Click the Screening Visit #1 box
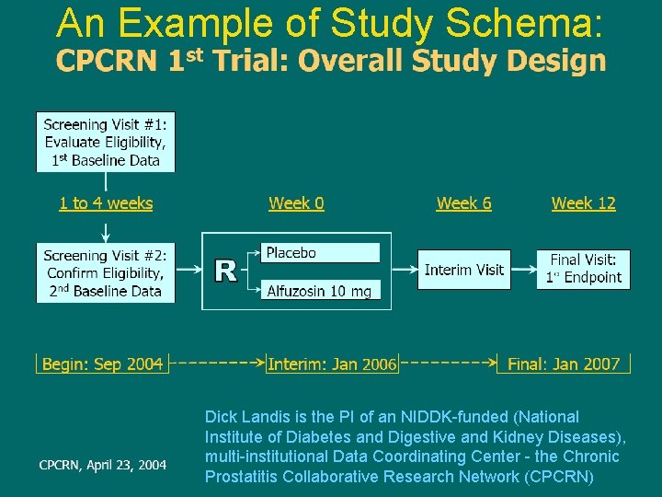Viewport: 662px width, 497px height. coord(105,142)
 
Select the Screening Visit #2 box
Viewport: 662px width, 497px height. coord(105,273)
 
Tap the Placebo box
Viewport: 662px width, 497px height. coord(320,253)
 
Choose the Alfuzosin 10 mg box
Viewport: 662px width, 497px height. coord(320,291)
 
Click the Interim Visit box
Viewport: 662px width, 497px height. coord(463,270)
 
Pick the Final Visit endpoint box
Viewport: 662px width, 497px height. coord(583,269)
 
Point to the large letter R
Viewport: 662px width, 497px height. coord(225,271)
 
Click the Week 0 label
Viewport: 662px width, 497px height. coord(296,203)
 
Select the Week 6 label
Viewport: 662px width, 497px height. coord(463,203)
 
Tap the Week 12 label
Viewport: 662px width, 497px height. coord(583,203)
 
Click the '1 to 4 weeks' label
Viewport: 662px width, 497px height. coord(106,203)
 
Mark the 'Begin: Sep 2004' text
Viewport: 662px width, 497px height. coord(102,364)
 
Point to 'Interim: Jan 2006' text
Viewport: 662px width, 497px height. coord(332,364)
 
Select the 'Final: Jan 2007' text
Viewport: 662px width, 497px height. coord(564,364)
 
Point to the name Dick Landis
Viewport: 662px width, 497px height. coord(242,417)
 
